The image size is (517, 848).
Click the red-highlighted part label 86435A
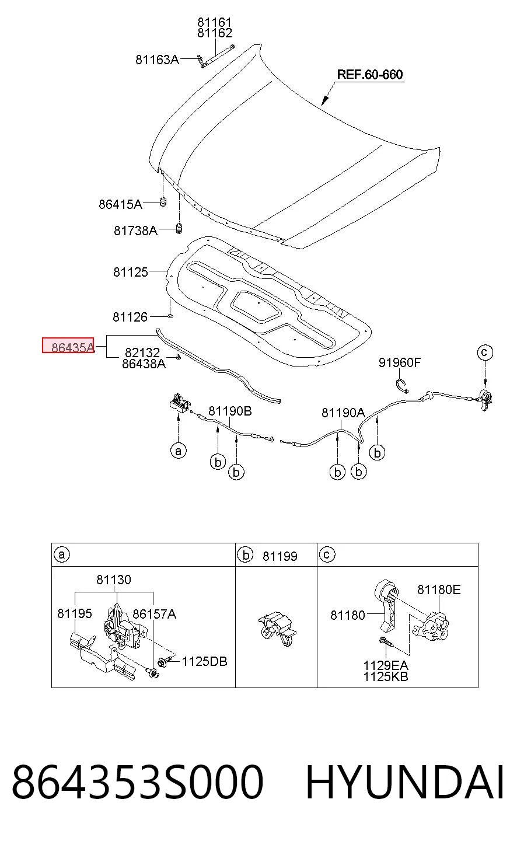[x=72, y=347]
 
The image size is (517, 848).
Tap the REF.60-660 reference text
[x=370, y=74]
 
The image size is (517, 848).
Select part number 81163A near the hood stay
[x=157, y=60]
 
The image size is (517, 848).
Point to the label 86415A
[x=120, y=204]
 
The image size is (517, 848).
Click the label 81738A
[x=135, y=231]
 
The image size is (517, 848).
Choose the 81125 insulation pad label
[x=131, y=272]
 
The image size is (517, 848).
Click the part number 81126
[x=130, y=317]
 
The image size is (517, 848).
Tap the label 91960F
[x=400, y=362]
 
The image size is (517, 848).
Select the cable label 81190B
[x=230, y=411]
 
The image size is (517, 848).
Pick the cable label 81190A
[x=343, y=413]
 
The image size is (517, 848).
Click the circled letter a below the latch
[x=178, y=451]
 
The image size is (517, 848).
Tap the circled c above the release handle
[x=485, y=353]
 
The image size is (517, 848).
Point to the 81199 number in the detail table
[x=280, y=556]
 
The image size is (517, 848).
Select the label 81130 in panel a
[x=114, y=580]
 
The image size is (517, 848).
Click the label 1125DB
[x=204, y=662]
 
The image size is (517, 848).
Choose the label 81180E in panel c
[x=439, y=589]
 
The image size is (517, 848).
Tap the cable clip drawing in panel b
[x=277, y=629]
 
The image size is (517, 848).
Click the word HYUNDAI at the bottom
[x=405, y=783]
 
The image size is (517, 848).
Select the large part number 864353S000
[x=137, y=783]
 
